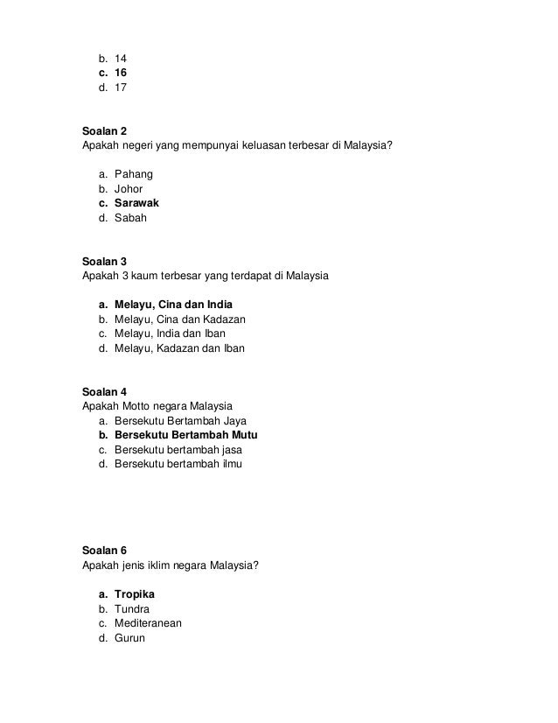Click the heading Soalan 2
104,130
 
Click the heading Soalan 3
104,261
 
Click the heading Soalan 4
104,391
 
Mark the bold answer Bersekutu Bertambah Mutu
186,435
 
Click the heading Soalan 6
104,550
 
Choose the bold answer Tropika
135,593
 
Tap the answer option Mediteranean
148,623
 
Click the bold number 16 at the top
121,73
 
